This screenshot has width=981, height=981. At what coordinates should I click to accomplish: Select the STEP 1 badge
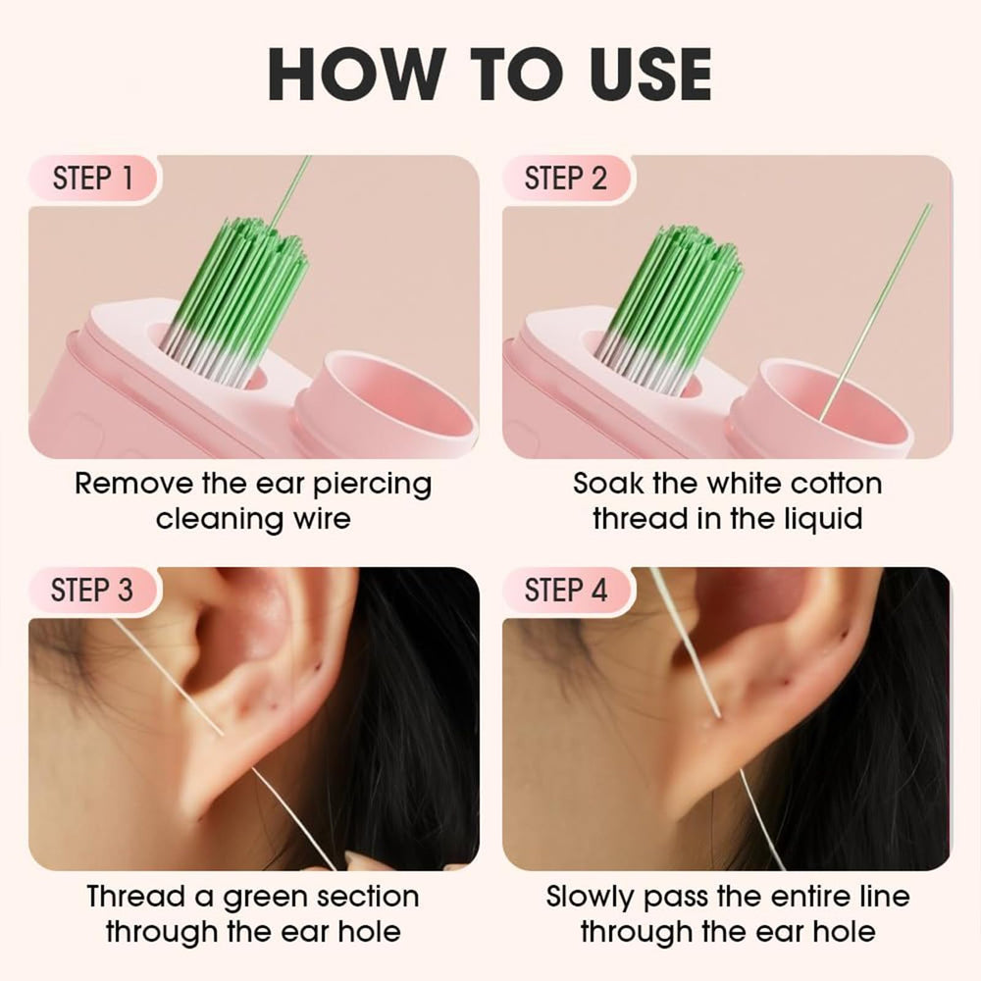(x=94, y=179)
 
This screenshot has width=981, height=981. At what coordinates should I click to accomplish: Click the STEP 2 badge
(x=566, y=179)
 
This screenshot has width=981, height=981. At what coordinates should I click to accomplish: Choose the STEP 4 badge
(x=566, y=590)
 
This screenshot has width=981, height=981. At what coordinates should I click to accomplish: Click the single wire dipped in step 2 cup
(x=876, y=312)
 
